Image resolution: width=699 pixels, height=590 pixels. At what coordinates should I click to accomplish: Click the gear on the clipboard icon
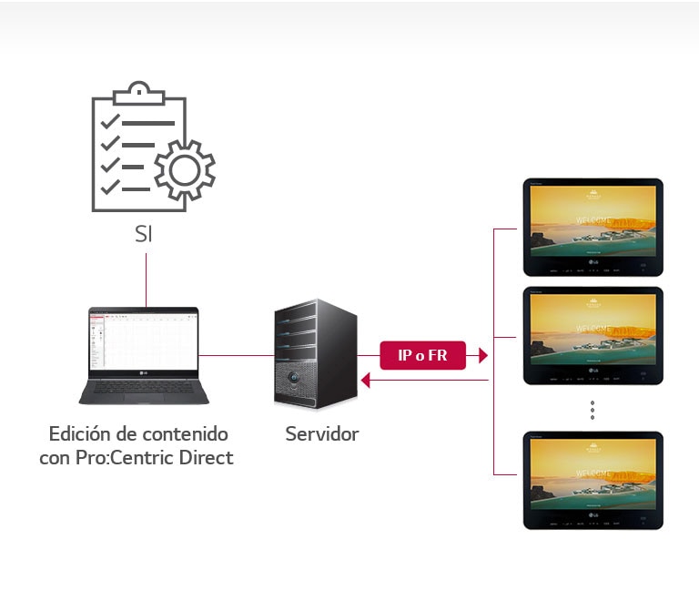coord(185,169)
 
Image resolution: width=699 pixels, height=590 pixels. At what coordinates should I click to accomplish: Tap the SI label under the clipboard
coord(144,233)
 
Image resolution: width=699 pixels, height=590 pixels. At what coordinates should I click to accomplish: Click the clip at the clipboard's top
coord(136,91)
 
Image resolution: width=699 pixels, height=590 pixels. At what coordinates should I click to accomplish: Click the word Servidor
coord(321,434)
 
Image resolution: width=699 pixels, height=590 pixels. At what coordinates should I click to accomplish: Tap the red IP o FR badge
coord(422,355)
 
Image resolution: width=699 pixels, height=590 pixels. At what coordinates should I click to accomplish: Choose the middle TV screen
coord(593,329)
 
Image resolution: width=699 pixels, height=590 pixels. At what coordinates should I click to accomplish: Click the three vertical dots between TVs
coord(593,411)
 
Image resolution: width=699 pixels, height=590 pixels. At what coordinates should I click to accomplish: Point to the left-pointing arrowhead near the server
coord(366,381)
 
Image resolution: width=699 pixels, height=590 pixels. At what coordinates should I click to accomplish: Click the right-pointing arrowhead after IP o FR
coord(483,355)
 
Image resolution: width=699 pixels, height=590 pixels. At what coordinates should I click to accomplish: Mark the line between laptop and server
coord(236,355)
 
